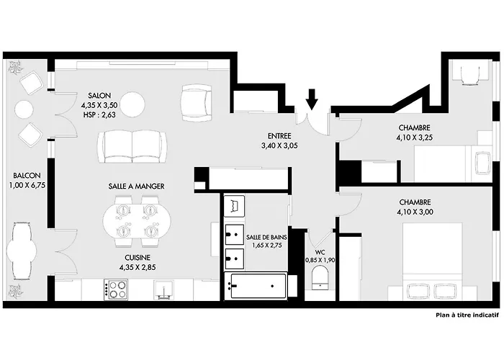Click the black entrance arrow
pos(311,99)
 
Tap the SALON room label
pos(99,96)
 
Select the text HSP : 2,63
pos(99,114)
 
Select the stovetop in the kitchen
pos(117,289)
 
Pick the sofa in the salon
pos(133,146)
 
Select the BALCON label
pos(26,175)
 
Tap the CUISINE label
pos(135,256)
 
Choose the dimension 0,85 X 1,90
pos(320,260)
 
